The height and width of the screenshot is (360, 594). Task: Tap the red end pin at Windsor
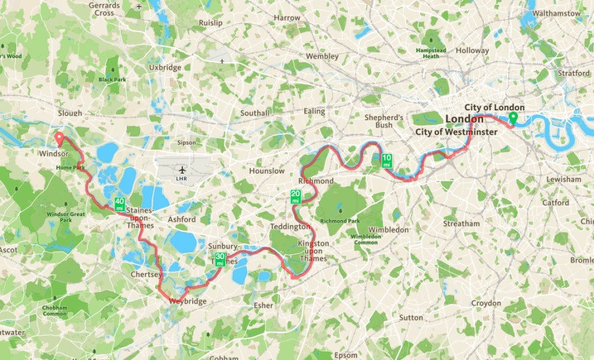coord(58,139)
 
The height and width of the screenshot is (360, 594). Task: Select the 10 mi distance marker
coord(387,160)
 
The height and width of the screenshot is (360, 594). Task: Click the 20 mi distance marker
coord(296,196)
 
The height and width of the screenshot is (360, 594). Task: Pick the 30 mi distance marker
coord(220,259)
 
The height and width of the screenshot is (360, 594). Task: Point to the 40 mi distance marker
coord(119,204)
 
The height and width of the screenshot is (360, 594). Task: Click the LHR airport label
coord(183,178)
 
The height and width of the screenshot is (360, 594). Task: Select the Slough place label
coord(69,113)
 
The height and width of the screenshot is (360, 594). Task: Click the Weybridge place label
coord(187,301)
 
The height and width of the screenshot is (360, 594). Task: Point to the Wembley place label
coord(322,57)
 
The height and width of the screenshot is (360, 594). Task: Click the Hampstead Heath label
coord(430,53)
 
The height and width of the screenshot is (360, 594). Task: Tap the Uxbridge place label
coord(165,67)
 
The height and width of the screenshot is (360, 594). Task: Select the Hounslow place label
coord(267,171)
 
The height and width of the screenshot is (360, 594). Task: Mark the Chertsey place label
coord(147,274)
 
